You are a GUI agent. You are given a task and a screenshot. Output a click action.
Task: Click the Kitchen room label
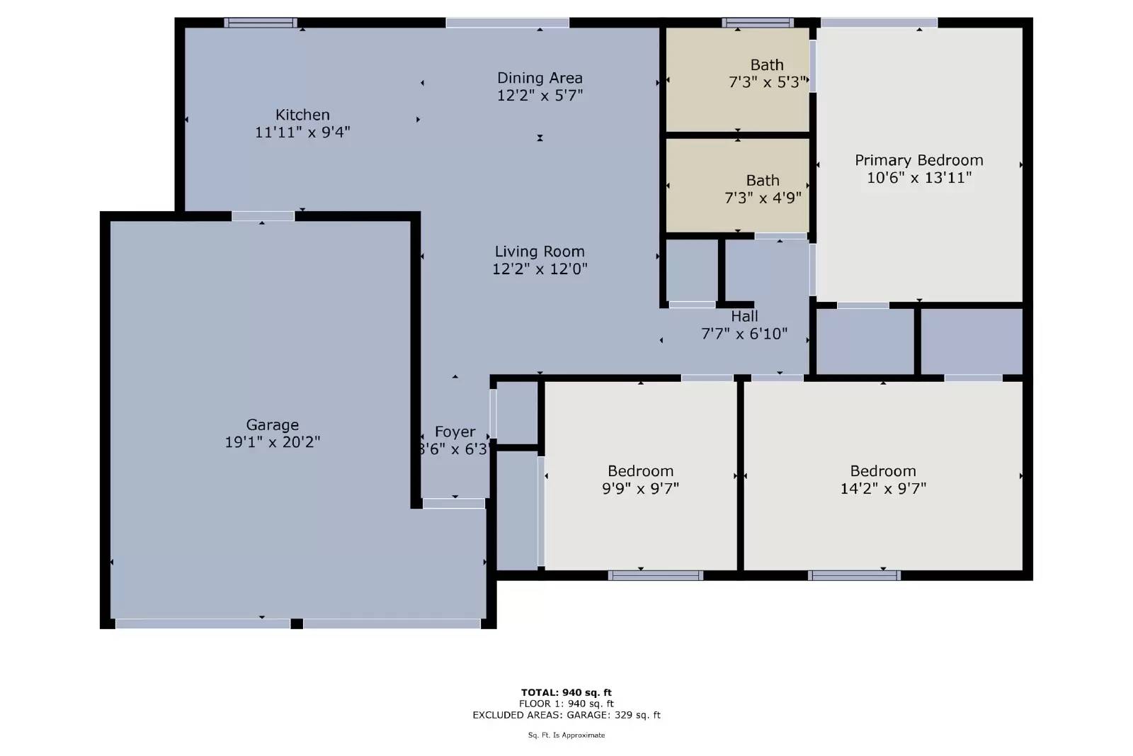[x=302, y=115]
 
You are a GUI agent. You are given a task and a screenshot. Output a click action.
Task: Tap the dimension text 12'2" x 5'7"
[x=540, y=95]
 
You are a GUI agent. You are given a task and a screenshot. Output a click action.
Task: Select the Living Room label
[x=540, y=252]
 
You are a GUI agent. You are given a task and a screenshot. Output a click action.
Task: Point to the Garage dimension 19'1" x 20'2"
[x=272, y=442]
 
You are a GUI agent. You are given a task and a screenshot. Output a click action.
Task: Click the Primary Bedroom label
[x=918, y=160]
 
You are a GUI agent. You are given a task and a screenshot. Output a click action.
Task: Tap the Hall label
[x=744, y=317]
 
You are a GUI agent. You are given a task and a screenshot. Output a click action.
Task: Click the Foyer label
[x=455, y=432]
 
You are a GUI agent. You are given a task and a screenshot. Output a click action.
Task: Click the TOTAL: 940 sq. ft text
[x=566, y=692]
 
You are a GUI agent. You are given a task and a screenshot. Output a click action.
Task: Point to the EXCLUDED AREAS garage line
[x=566, y=715]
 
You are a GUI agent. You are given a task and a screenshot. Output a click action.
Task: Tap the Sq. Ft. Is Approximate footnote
[x=566, y=735]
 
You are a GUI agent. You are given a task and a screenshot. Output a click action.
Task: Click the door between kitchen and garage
[x=263, y=216]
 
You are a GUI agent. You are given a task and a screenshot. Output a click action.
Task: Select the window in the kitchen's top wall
[x=260, y=23]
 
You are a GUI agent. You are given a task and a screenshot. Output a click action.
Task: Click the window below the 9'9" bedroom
[x=655, y=575]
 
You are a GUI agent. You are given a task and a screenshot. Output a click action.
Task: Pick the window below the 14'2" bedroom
[x=854, y=575]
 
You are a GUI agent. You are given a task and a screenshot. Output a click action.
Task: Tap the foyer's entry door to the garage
[x=454, y=504]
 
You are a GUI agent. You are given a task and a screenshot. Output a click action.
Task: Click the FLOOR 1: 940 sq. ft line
[x=566, y=704]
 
